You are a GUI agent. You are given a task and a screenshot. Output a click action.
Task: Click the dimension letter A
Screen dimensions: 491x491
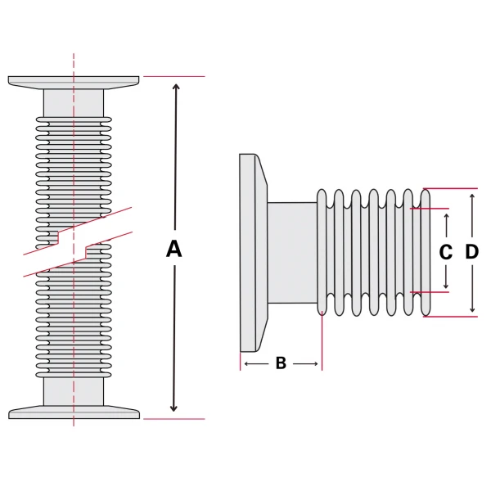tap(173, 249)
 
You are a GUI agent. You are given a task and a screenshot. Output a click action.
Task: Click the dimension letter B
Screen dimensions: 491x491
tap(280, 363)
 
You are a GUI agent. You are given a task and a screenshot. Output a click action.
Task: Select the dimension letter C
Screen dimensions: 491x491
tap(446, 252)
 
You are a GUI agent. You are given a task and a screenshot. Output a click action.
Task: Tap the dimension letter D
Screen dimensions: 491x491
tap(472, 252)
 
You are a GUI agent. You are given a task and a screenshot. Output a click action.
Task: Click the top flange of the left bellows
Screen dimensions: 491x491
tap(74, 82)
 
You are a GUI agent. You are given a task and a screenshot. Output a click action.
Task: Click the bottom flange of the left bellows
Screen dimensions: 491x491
tap(74, 412)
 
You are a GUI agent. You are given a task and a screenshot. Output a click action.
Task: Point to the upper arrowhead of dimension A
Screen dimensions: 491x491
tap(173, 84)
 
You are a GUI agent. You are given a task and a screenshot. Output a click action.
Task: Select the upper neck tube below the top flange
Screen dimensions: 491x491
tap(74, 102)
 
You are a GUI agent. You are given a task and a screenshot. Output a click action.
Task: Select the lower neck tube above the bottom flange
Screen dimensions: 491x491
tap(74, 390)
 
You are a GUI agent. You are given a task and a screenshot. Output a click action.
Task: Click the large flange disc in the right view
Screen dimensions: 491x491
tap(250, 252)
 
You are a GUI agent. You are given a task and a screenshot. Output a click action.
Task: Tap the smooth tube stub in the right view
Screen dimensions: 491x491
tap(291, 252)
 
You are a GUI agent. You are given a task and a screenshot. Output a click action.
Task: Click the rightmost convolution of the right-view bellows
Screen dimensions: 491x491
tap(426, 252)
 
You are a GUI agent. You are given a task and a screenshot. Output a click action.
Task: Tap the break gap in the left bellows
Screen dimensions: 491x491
tap(74, 242)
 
